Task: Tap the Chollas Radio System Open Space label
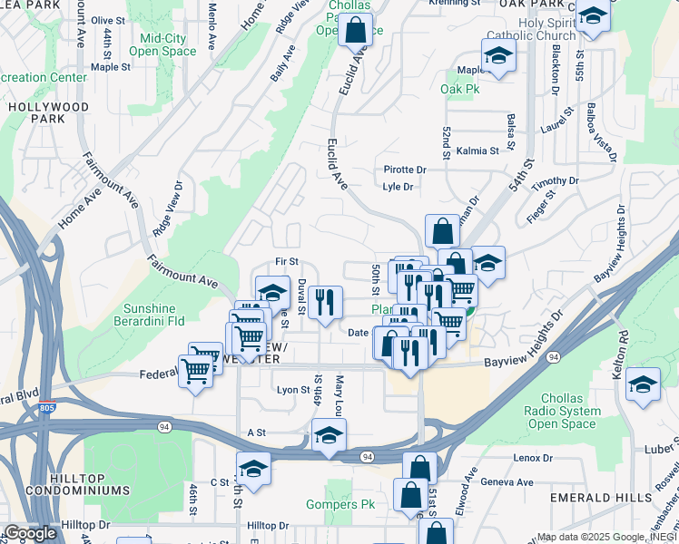[583, 411]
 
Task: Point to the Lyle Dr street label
[398, 187]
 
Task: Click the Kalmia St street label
[478, 151]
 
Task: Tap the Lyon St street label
[292, 390]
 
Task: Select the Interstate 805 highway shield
[47, 406]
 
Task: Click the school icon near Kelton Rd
[643, 384]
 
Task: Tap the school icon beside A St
[329, 436]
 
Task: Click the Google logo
[30, 533]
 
